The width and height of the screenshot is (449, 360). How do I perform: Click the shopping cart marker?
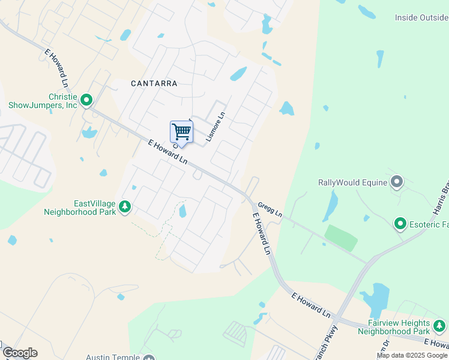pyautogui.click(x=181, y=132)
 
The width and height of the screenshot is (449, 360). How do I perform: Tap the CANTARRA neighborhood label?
pyautogui.click(x=154, y=83)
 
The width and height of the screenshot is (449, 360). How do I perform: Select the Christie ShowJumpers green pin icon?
pyautogui.click(x=86, y=100)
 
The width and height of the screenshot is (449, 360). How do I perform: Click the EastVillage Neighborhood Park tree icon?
pyautogui.click(x=125, y=207)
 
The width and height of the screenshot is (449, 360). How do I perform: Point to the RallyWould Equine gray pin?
pyautogui.click(x=396, y=181)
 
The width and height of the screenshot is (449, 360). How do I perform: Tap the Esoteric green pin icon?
pyautogui.click(x=400, y=224)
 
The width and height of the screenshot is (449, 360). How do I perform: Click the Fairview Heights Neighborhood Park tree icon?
pyautogui.click(x=439, y=326)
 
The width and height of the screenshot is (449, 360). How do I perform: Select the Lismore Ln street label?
pyautogui.click(x=215, y=127)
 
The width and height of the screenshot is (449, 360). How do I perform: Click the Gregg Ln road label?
pyautogui.click(x=270, y=209)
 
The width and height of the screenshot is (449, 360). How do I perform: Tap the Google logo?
pyautogui.click(x=20, y=353)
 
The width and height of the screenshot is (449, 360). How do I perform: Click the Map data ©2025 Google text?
pyautogui.click(x=412, y=355)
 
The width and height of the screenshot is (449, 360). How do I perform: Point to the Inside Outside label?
pyautogui.click(x=421, y=18)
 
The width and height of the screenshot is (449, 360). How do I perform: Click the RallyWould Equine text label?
pyautogui.click(x=352, y=182)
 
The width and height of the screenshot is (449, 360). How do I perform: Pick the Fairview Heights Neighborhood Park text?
pyautogui.click(x=394, y=326)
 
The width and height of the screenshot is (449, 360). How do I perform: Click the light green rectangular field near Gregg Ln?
pyautogui.click(x=341, y=238)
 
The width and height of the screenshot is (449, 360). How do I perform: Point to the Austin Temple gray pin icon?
pyautogui.click(x=149, y=358)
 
